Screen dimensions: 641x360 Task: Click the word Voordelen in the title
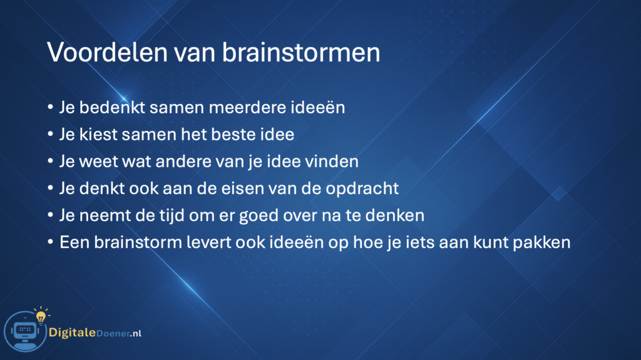coord(108,53)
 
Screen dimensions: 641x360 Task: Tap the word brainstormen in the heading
coord(301,53)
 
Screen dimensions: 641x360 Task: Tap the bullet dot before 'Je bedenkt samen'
coord(50,108)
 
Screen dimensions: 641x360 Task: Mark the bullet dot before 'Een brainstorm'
coord(50,242)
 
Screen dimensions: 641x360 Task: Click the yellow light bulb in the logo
coord(41,316)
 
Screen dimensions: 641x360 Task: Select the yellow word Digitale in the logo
coord(72,332)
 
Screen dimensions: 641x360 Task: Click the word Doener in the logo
coord(113,334)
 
